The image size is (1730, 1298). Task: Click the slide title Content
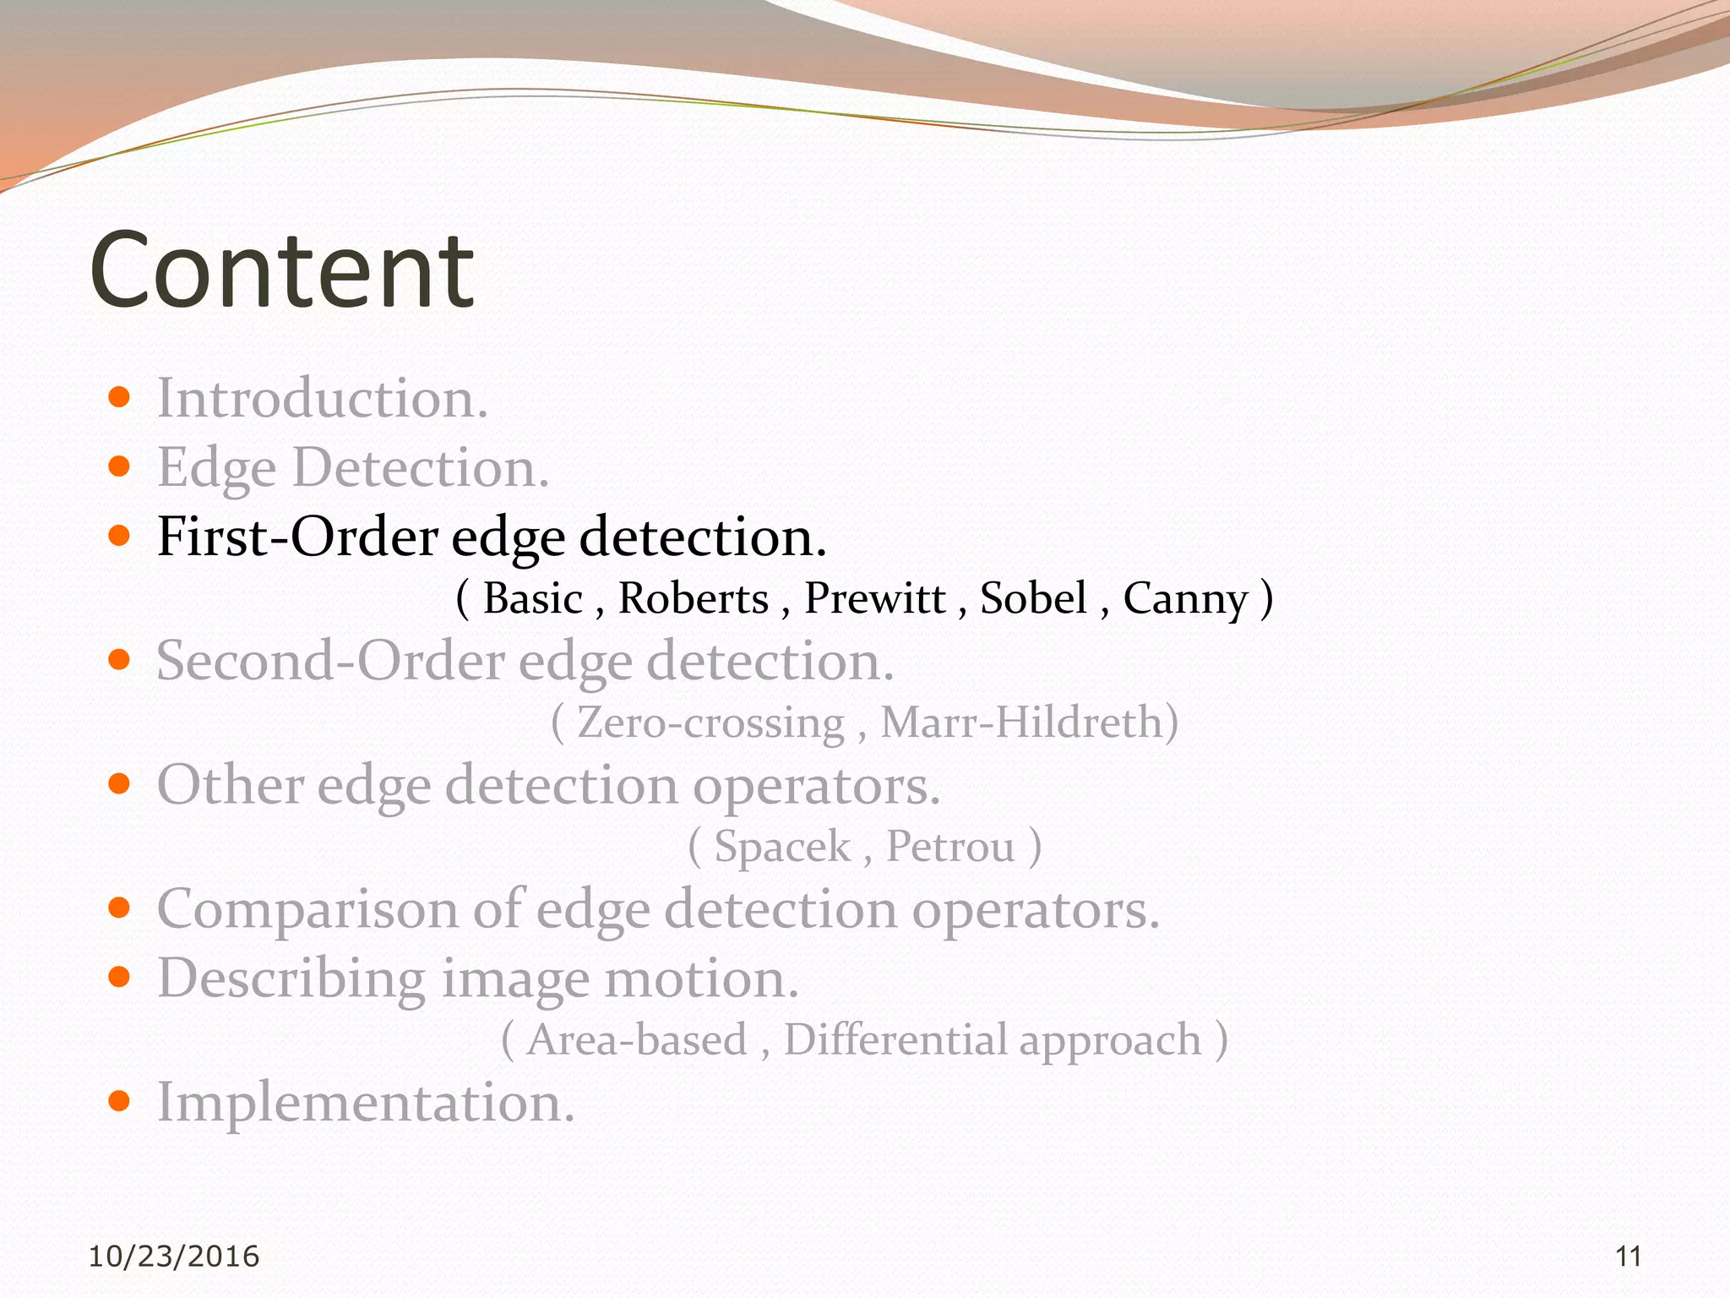click(x=281, y=270)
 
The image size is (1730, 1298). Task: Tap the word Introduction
click(x=322, y=398)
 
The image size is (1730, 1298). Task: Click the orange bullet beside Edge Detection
click(x=119, y=466)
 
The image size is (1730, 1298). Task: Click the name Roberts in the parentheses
click(x=693, y=598)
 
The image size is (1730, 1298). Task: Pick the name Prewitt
click(x=874, y=598)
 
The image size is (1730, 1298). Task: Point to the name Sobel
click(x=1033, y=598)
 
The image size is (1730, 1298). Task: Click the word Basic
click(x=532, y=598)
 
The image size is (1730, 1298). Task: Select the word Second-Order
click(x=330, y=661)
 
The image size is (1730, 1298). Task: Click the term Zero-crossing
click(x=710, y=723)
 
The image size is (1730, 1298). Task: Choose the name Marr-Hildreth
click(x=1022, y=723)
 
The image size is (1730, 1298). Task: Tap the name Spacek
click(x=782, y=847)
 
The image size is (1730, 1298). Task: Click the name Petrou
click(x=950, y=847)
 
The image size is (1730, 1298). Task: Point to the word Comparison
click(x=307, y=911)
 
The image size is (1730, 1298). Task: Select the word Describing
click(x=291, y=979)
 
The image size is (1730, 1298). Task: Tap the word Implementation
click(x=366, y=1104)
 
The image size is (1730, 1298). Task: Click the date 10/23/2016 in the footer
click(x=174, y=1257)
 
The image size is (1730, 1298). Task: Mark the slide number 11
click(x=1628, y=1257)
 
